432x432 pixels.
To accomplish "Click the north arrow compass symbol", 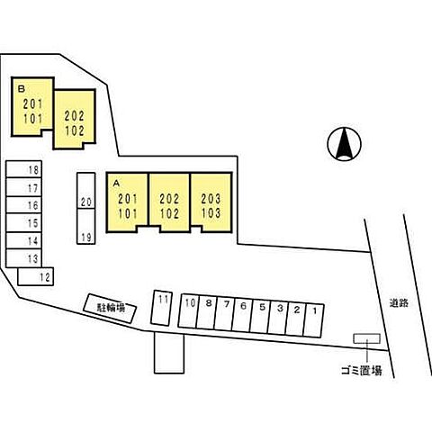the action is (344, 144).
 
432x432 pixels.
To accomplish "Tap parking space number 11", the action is (161, 308).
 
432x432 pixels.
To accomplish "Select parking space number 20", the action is (86, 191).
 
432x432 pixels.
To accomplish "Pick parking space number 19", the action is (86, 227).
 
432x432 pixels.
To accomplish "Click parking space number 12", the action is (36, 276).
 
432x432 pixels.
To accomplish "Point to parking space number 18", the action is (23, 169).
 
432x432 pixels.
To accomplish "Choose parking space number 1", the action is (314, 320).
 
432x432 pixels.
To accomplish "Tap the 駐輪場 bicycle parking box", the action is (110, 308).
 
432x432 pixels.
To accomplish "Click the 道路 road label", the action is (399, 303).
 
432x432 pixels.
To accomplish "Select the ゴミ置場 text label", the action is (362, 371).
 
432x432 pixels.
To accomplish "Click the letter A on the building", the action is (116, 184).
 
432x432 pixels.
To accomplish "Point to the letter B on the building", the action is (21, 88).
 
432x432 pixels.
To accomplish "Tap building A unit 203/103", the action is (211, 202).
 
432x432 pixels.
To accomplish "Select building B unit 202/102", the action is (75, 120).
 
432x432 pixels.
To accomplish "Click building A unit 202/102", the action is (169, 202).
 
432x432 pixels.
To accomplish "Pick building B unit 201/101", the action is (32, 107).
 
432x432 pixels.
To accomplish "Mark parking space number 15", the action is (23, 223).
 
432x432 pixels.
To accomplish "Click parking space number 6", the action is (242, 315).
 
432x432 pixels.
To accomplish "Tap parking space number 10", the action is (188, 310).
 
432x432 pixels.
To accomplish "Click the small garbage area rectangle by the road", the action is (367, 338).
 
